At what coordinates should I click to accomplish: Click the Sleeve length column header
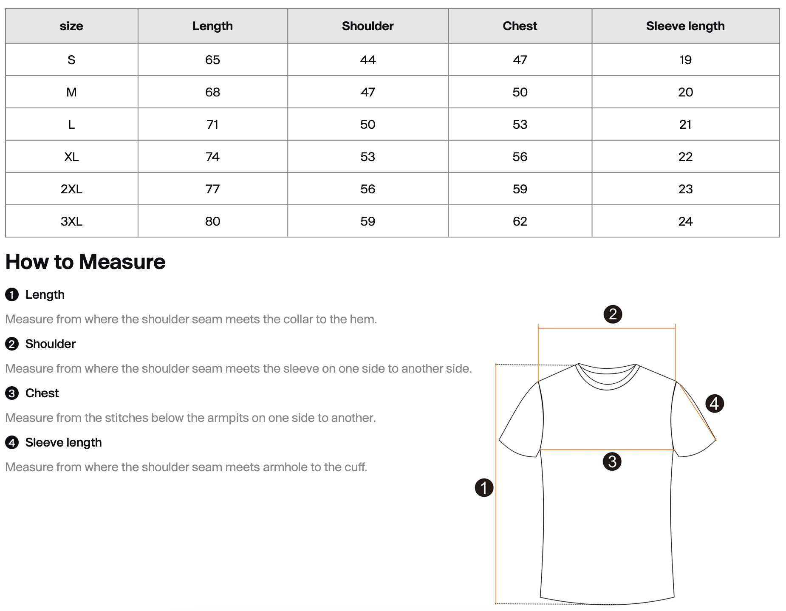pyautogui.click(x=685, y=26)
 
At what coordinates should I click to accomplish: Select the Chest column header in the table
pyautogui.click(x=520, y=26)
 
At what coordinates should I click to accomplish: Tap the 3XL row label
pyautogui.click(x=71, y=221)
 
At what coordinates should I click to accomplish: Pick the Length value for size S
pyautogui.click(x=212, y=60)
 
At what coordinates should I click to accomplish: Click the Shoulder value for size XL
pyautogui.click(x=368, y=157)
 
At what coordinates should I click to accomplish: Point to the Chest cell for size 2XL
pyautogui.click(x=520, y=189)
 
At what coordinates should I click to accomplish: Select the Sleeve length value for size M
pyautogui.click(x=685, y=92)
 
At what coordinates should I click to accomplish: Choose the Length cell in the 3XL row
pyautogui.click(x=212, y=221)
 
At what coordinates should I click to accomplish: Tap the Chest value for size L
pyautogui.click(x=520, y=124)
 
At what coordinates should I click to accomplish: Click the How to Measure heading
pyautogui.click(x=85, y=262)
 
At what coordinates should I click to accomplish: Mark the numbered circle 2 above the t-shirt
pyautogui.click(x=613, y=314)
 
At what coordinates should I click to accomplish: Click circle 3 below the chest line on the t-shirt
pyautogui.click(x=612, y=461)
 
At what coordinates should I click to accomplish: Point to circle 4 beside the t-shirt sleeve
pyautogui.click(x=714, y=403)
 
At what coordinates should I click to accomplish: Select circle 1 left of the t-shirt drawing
pyautogui.click(x=484, y=487)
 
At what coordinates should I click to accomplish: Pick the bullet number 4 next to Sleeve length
pyautogui.click(x=12, y=443)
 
